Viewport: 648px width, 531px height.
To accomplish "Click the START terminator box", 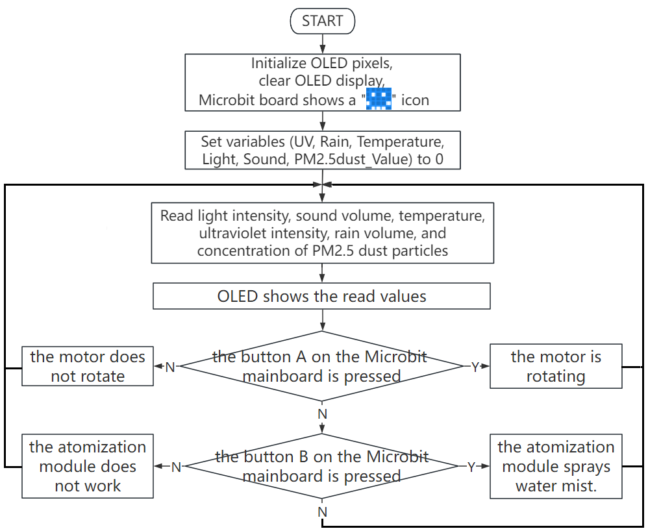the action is pyautogui.click(x=322, y=21).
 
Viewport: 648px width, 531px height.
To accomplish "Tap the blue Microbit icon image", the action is pyautogui.click(x=379, y=99).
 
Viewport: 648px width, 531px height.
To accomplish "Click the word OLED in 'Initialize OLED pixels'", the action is pyautogui.click(x=329, y=63).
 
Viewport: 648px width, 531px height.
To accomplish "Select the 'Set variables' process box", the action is pyautogui.click(x=322, y=150).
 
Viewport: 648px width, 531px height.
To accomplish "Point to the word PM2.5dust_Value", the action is pyautogui.click(x=353, y=160).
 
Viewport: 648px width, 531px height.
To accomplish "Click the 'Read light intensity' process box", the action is pyautogui.click(x=322, y=232).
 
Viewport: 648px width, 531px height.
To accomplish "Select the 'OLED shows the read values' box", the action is pyautogui.click(x=321, y=296).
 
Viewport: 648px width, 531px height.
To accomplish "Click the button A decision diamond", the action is pyautogui.click(x=321, y=366).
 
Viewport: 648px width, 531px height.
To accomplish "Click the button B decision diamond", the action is pyautogui.click(x=321, y=466).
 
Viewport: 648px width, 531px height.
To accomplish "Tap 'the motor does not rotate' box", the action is pyautogui.click(x=88, y=366).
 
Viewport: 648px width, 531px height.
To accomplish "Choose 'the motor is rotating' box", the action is pyautogui.click(x=556, y=366).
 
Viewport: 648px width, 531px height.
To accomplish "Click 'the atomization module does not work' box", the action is pyautogui.click(x=88, y=466).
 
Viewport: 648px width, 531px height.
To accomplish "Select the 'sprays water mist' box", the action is pyautogui.click(x=556, y=466).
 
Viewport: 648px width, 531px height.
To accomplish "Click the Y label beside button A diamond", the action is pyautogui.click(x=475, y=367).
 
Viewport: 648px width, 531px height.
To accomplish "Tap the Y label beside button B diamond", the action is pyautogui.click(x=471, y=467).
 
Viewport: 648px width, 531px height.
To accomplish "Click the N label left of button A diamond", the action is pyautogui.click(x=170, y=367).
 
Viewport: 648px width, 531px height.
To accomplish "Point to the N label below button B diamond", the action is pyautogui.click(x=322, y=512).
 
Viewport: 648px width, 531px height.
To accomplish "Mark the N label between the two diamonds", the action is pyautogui.click(x=322, y=414).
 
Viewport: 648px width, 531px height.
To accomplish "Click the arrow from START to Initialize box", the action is pyautogui.click(x=322, y=43).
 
